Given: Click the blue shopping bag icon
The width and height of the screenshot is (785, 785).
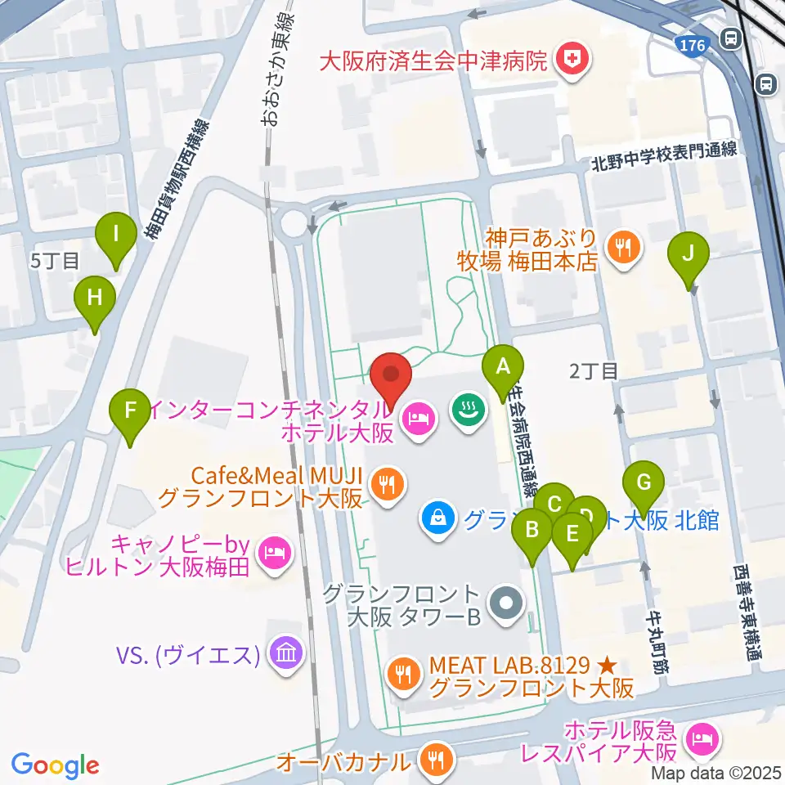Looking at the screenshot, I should tap(439, 517).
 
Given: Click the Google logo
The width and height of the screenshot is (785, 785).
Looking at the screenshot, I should tap(55, 765).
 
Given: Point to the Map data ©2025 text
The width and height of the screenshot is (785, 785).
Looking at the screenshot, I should tap(717, 773).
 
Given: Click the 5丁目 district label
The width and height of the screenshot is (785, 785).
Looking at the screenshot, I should tap(56, 262).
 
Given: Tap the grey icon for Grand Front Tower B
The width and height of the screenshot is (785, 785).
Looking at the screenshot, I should tap(505, 605).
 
